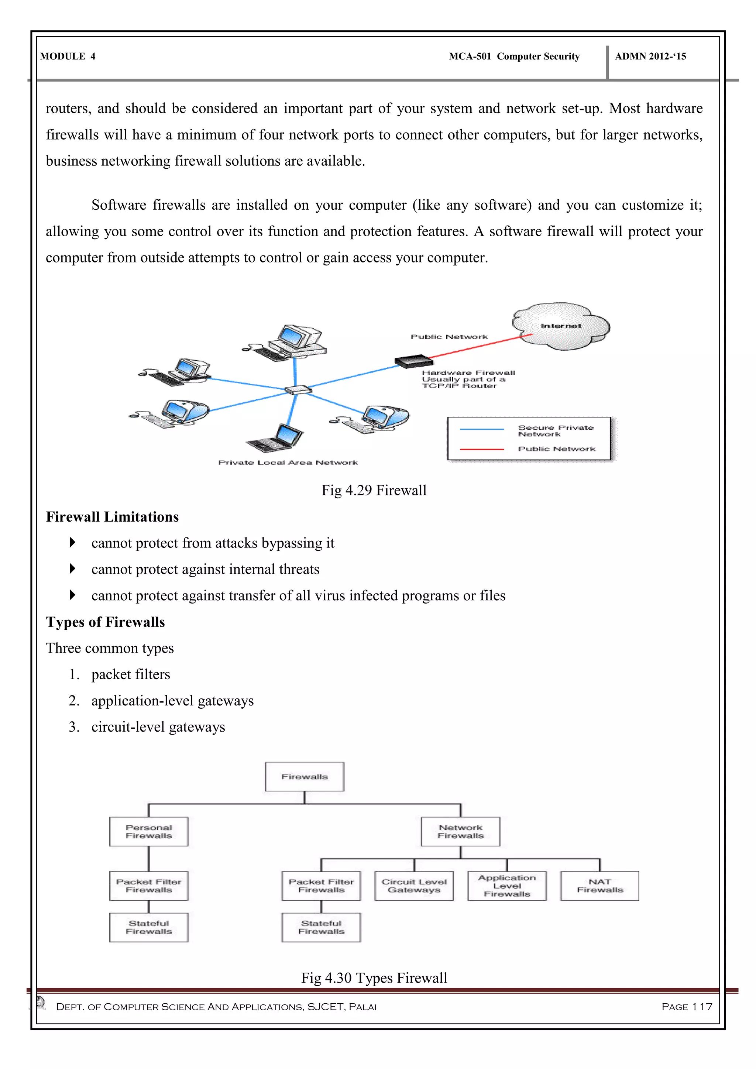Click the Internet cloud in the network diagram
click(561, 326)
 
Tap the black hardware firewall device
click(414, 361)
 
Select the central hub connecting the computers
click(298, 390)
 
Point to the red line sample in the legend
click(482, 449)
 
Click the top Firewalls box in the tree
click(305, 777)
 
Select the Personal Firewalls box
click(149, 832)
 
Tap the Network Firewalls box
click(460, 832)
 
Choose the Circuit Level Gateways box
click(414, 886)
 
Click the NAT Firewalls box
click(599, 886)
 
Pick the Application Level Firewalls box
click(507, 886)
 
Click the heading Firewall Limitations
click(112, 517)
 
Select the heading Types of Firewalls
click(105, 622)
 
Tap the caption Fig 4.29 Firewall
click(374, 490)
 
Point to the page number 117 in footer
click(687, 1007)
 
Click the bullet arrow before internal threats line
click(72, 568)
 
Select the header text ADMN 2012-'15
click(650, 56)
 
